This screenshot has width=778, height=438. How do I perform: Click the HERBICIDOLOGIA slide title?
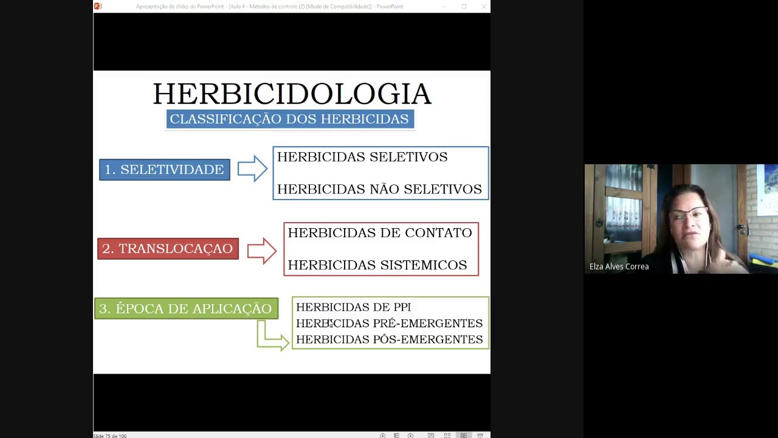[292, 94]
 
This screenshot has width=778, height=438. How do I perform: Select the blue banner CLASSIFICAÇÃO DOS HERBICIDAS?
[290, 119]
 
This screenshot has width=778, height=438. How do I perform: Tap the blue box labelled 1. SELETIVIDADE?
[165, 170]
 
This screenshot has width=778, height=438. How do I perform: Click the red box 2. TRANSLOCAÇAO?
[168, 249]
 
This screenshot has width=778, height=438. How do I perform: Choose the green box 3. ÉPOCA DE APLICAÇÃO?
[186, 308]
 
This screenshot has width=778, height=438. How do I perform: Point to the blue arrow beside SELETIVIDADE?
[252, 169]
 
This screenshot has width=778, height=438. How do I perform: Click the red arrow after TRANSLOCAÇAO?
[262, 250]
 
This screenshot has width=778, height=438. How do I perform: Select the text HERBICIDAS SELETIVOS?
[362, 157]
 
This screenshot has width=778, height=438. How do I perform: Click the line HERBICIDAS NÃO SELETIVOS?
[379, 189]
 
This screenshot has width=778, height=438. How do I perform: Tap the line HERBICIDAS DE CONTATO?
[380, 233]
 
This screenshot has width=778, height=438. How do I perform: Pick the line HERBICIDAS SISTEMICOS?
[377, 265]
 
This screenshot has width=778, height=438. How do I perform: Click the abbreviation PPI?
[402, 307]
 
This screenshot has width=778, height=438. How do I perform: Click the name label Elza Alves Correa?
[619, 266]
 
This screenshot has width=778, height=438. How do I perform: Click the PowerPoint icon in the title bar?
[98, 6]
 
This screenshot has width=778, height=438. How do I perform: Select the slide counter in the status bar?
[110, 436]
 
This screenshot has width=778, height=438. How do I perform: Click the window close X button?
[484, 7]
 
